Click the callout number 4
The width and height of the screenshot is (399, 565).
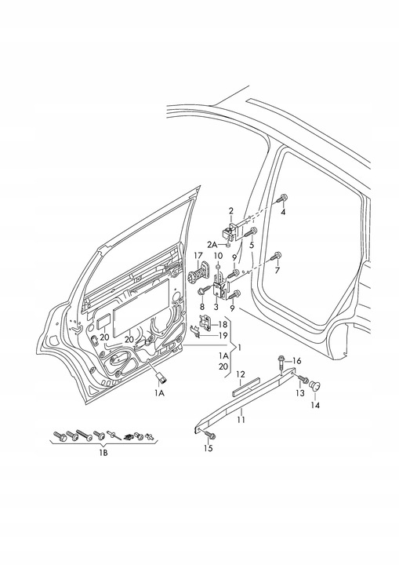click(284, 212)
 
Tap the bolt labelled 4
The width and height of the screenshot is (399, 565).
click(282, 199)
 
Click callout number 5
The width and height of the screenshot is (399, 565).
click(252, 245)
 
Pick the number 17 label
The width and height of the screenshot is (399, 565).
click(198, 256)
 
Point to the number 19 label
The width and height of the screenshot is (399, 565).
click(223, 335)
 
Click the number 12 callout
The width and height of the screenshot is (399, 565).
click(241, 374)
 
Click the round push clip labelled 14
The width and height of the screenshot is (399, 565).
click(317, 386)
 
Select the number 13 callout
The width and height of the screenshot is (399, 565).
click(299, 392)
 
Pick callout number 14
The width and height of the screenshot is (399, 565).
click(317, 405)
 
